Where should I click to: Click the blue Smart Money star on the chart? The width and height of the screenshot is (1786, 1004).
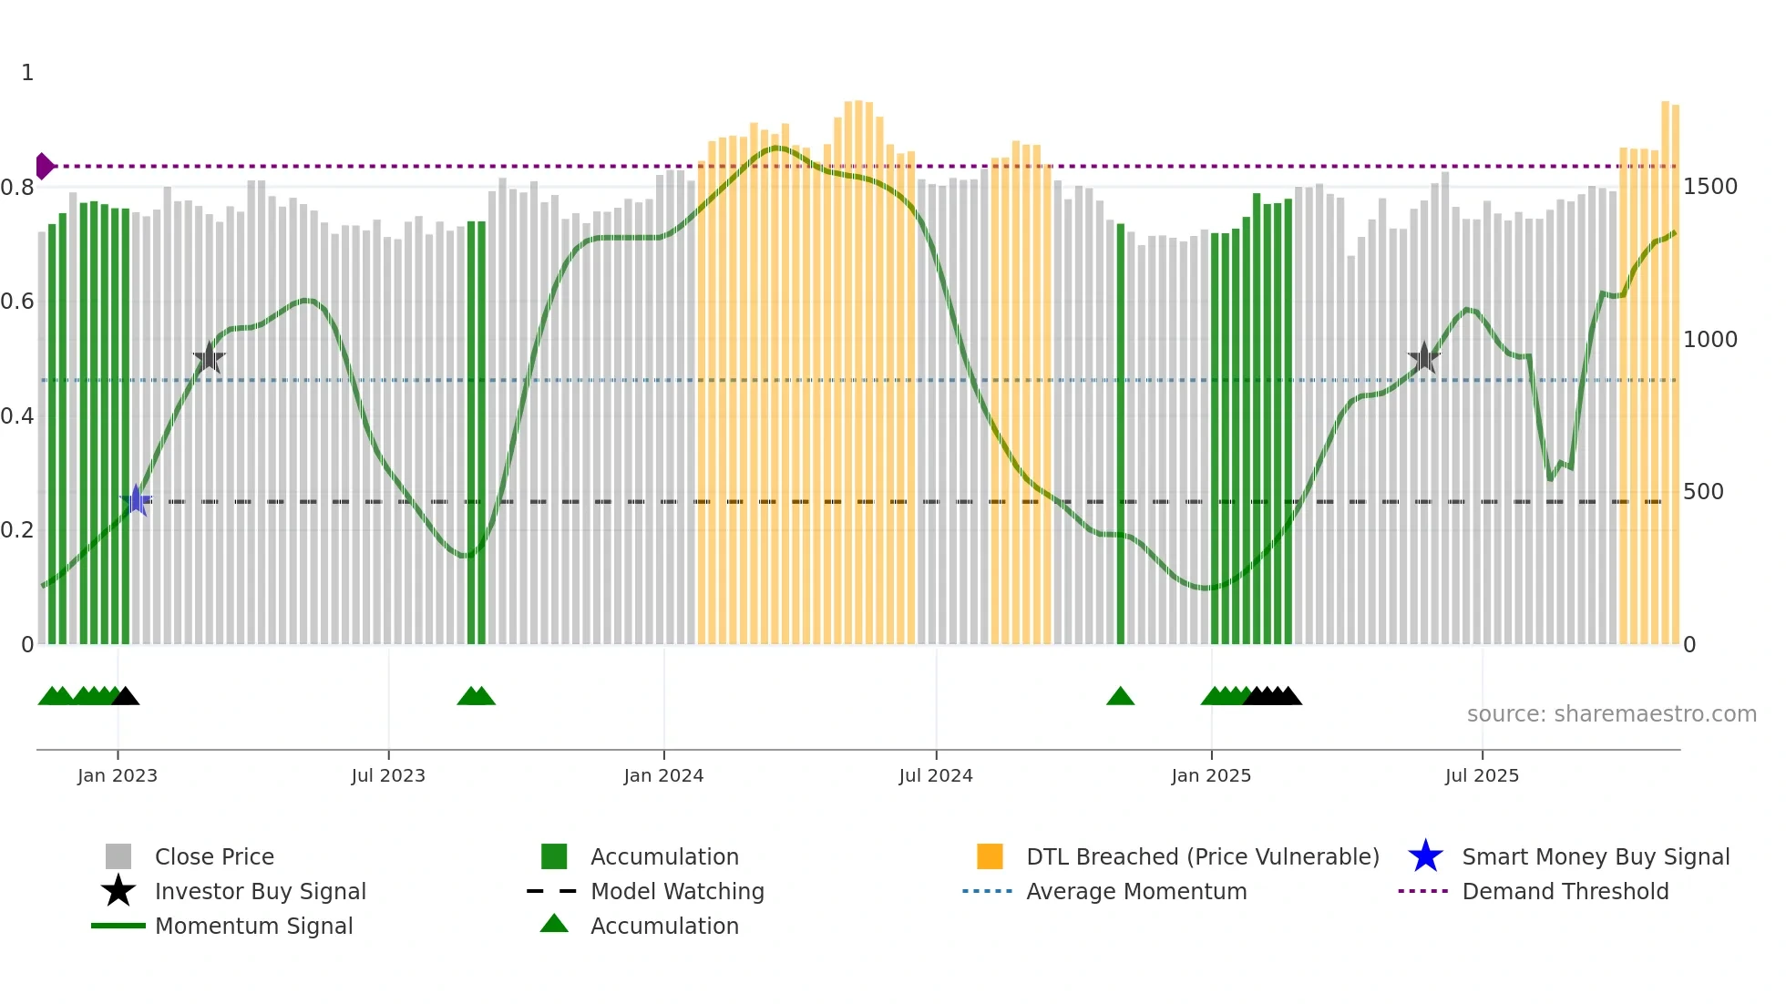pyautogui.click(x=136, y=500)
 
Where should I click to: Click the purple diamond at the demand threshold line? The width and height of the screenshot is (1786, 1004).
pyautogui.click(x=44, y=166)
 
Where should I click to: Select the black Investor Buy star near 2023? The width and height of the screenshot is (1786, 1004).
pyautogui.click(x=209, y=358)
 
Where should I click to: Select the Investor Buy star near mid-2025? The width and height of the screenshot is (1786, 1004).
pyautogui.click(x=1423, y=357)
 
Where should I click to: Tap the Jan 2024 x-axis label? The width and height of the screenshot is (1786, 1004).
pyautogui.click(x=663, y=775)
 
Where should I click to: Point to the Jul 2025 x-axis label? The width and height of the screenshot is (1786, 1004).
pyautogui.click(x=1482, y=775)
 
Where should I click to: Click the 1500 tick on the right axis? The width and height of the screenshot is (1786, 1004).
pyautogui.click(x=1709, y=187)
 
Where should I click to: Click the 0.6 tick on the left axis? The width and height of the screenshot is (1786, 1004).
pyautogui.click(x=18, y=302)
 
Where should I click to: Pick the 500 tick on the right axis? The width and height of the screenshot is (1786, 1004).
pyautogui.click(x=1703, y=492)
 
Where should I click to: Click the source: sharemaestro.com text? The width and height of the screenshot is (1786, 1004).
pyautogui.click(x=1611, y=713)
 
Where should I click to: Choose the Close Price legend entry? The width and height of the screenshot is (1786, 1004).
pyautogui.click(x=214, y=856)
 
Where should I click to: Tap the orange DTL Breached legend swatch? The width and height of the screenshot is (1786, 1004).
pyautogui.click(x=990, y=856)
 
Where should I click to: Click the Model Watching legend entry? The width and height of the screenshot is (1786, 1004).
pyautogui.click(x=676, y=891)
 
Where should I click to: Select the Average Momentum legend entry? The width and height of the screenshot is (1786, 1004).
pyautogui.click(x=1135, y=891)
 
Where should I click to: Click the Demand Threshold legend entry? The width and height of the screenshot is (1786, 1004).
pyautogui.click(x=1565, y=891)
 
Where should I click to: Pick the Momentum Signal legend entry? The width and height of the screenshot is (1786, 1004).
pyautogui.click(x=253, y=926)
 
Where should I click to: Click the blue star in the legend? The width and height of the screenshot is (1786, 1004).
pyautogui.click(x=1425, y=856)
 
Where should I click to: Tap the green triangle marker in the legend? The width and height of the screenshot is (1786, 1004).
pyautogui.click(x=554, y=924)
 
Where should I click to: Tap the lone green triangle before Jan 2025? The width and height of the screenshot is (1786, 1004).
pyautogui.click(x=1120, y=697)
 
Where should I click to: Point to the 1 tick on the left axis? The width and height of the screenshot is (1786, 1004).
pyautogui.click(x=27, y=73)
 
